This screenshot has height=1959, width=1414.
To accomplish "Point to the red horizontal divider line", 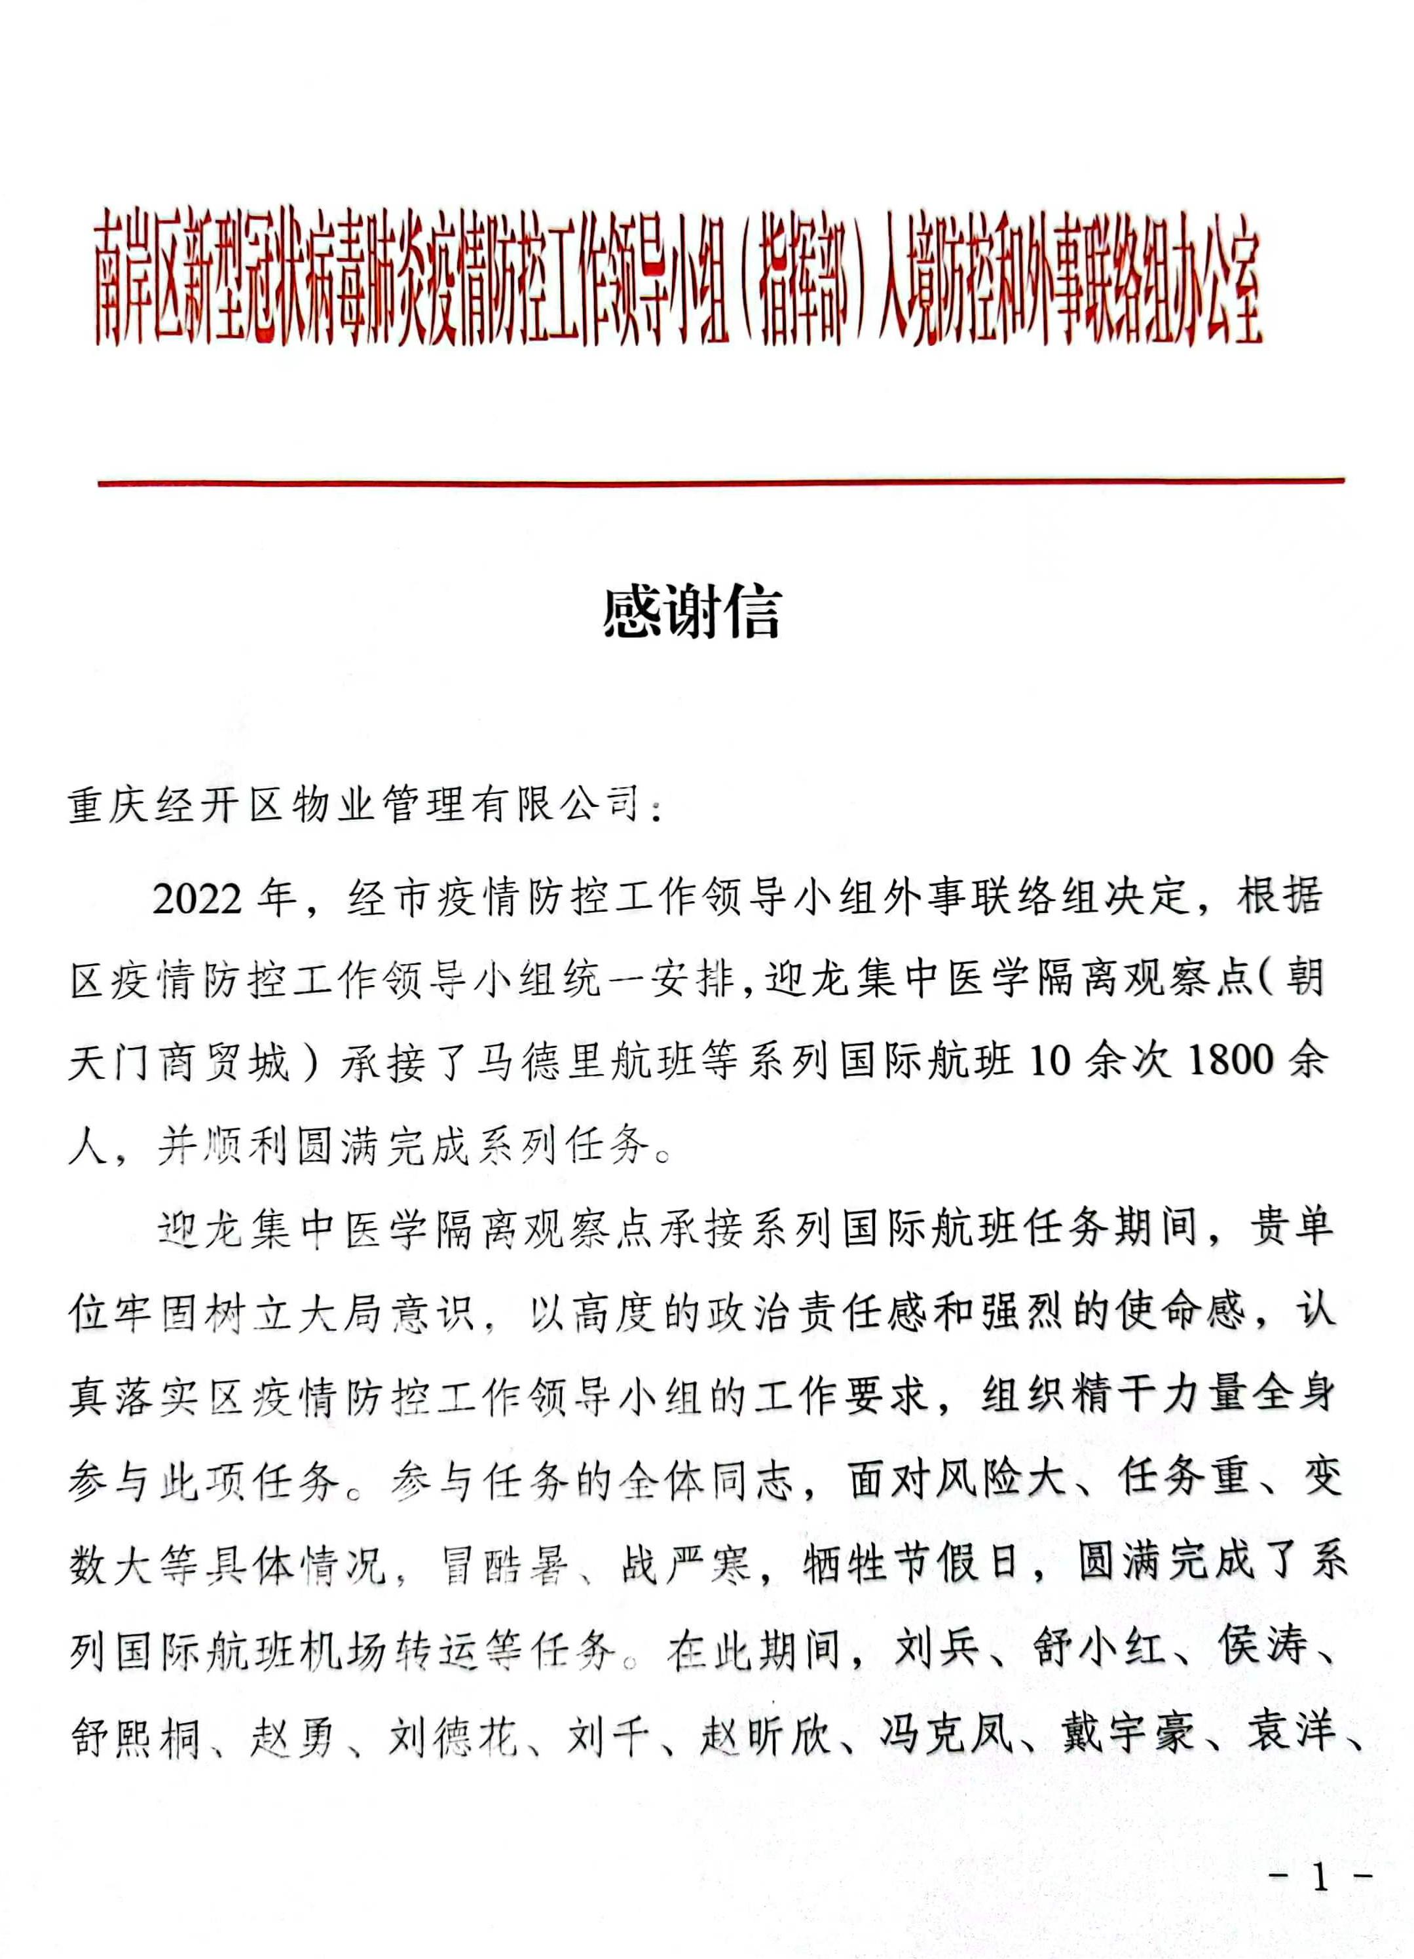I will (720, 482).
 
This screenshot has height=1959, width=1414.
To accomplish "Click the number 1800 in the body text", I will (1231, 1060).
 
